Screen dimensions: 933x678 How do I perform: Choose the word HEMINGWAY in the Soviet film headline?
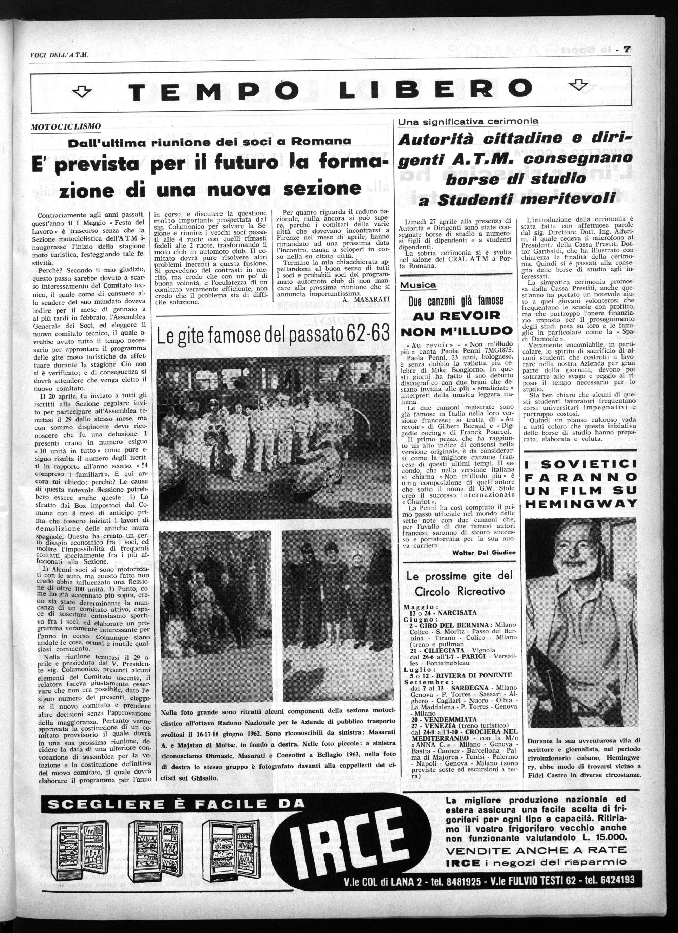[x=581, y=503]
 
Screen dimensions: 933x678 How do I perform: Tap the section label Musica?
[x=419, y=285]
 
